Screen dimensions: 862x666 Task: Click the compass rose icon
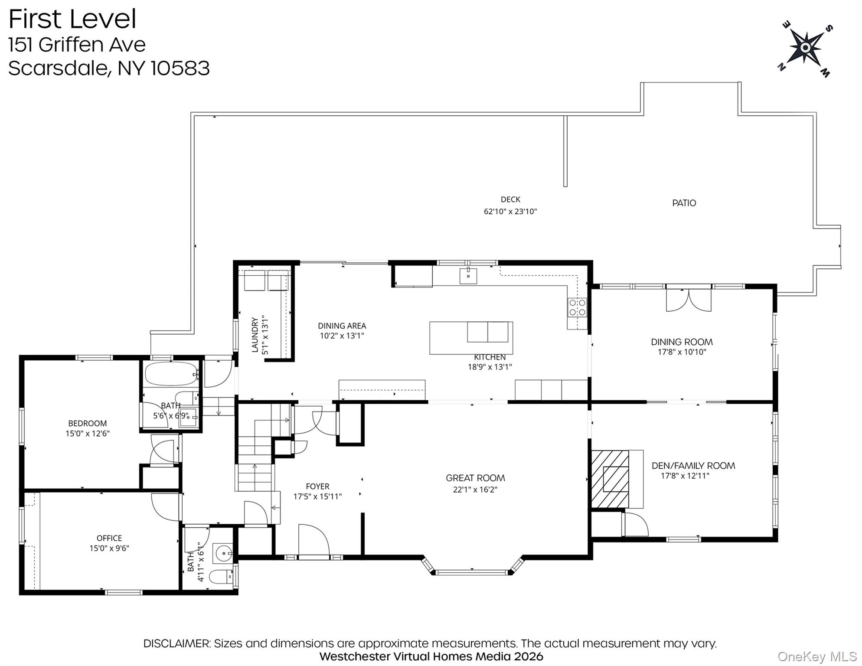coord(805,48)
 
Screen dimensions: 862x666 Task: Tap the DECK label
coord(510,199)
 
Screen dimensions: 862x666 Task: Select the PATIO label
coord(684,203)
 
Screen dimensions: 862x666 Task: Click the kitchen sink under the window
coord(468,276)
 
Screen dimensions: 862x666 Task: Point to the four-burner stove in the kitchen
coord(578,307)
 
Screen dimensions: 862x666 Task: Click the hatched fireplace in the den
coord(610,479)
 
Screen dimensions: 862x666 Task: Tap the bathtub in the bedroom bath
coord(172,374)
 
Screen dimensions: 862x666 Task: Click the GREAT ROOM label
coord(475,478)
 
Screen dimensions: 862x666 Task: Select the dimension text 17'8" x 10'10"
coord(682,352)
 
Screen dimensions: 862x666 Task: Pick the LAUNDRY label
coord(255,335)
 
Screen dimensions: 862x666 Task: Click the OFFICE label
coord(109,538)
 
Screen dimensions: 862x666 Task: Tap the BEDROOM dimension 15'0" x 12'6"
coord(88,434)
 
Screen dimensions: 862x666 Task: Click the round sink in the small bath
coord(223,553)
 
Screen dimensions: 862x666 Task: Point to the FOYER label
coord(317,486)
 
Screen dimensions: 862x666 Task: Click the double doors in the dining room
coord(689,300)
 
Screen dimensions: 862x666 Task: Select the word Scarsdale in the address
coord(58,68)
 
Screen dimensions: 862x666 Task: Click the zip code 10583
coord(180,68)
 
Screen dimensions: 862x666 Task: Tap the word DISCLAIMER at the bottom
coord(177,643)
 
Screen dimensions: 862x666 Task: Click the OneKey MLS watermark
coord(817,657)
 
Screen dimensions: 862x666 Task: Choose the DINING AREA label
coord(342,326)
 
